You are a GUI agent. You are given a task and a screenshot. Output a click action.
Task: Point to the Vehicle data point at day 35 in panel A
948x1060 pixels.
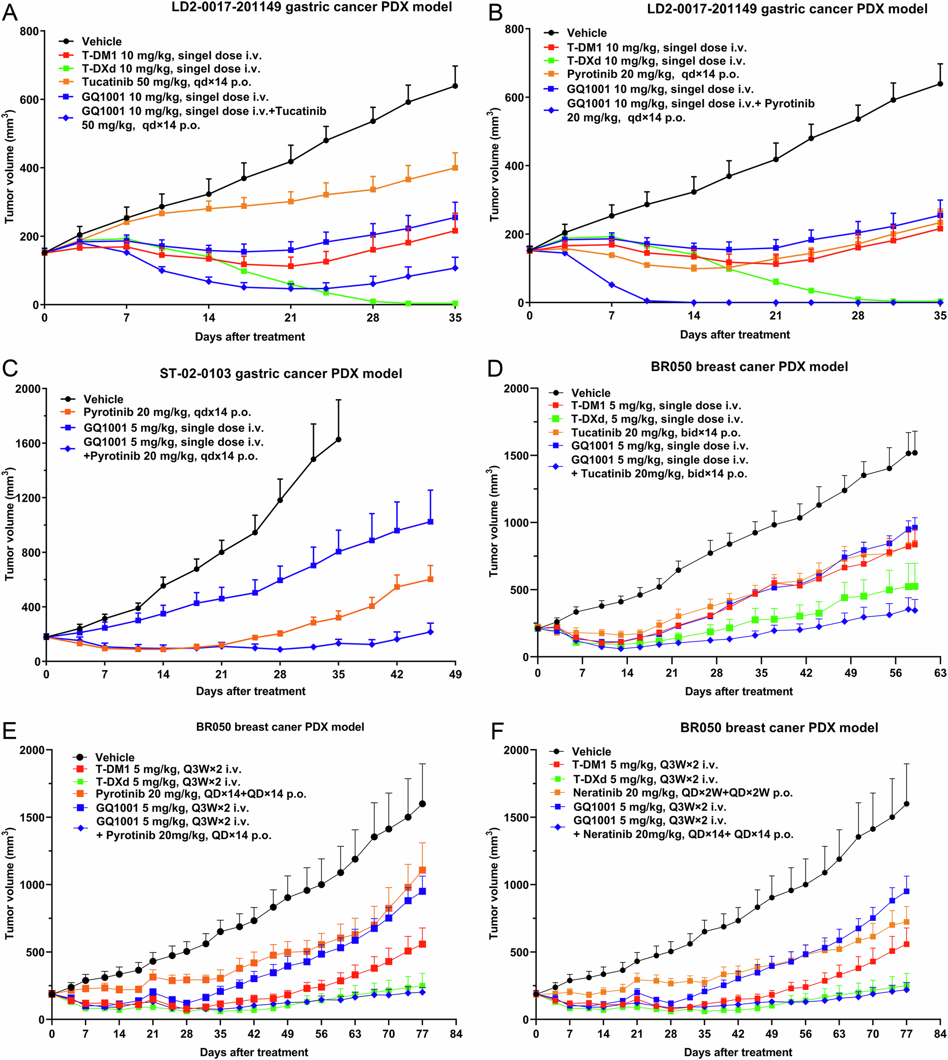pyautogui.click(x=455, y=86)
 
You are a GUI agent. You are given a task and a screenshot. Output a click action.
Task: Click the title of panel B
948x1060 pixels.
pyautogui.click(x=787, y=9)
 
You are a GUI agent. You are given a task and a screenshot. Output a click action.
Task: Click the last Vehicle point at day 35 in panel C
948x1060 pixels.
pyautogui.click(x=339, y=439)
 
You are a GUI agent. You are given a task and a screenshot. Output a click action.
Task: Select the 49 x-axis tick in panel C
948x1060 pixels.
pyautogui.click(x=455, y=674)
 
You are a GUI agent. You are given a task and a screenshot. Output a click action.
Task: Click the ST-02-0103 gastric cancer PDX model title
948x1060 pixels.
pyautogui.click(x=281, y=374)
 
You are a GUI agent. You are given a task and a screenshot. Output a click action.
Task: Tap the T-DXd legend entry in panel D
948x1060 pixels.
pyautogui.click(x=657, y=419)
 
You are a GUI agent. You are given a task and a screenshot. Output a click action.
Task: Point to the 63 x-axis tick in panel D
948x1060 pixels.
pyautogui.click(x=940, y=673)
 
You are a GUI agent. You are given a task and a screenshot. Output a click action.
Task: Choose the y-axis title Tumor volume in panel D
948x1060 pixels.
pyautogui.click(x=494, y=521)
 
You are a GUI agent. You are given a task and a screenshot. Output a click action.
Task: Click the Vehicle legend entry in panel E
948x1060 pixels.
pyautogui.click(x=114, y=757)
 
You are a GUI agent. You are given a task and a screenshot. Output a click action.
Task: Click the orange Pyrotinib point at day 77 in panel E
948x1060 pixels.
pyautogui.click(x=422, y=870)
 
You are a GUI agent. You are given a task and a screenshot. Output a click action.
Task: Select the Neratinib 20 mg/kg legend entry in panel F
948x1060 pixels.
pyautogui.click(x=682, y=793)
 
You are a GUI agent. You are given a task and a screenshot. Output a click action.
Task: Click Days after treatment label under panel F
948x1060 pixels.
pyautogui.click(x=738, y=1052)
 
